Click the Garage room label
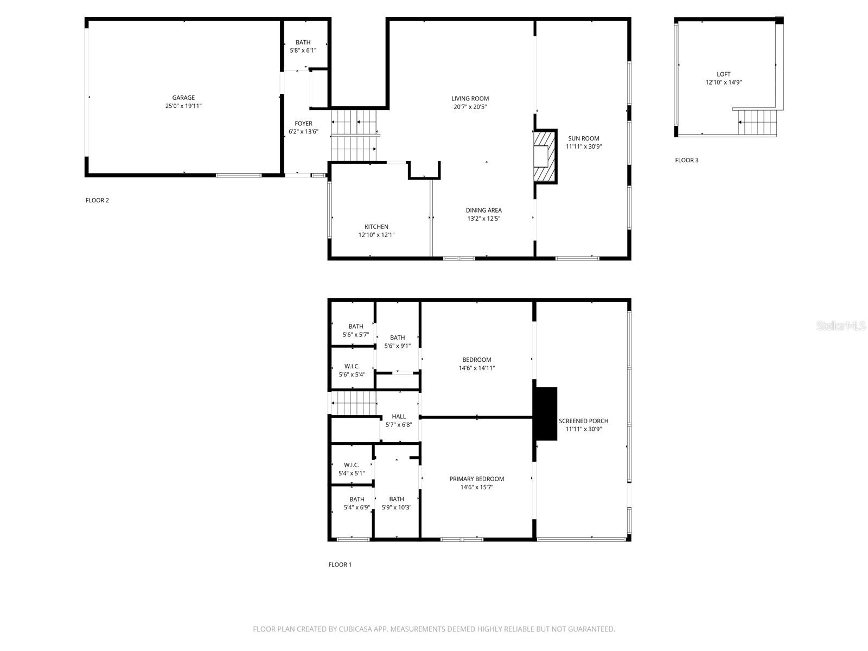coord(183,98)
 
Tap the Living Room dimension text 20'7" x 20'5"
coord(470,107)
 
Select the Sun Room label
coord(584,138)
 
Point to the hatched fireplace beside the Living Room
coord(542,156)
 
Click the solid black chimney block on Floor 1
coord(545,413)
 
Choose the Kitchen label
coord(376,227)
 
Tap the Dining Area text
coord(483,210)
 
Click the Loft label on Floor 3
coord(723,74)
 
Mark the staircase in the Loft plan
coord(757,122)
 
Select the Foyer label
coord(303,124)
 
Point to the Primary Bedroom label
coord(476,479)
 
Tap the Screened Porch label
coord(583,421)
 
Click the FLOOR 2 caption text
coord(97,200)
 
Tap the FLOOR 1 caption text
coord(340,565)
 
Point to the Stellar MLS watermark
coord(840,326)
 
